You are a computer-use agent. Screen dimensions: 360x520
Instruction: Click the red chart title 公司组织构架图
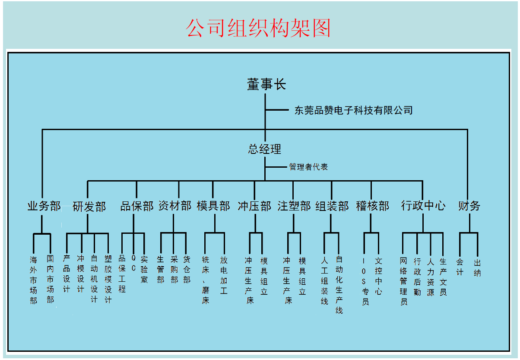point(258,28)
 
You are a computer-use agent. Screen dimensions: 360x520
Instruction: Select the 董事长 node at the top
point(266,84)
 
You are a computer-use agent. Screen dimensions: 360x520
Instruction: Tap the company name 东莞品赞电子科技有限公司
point(353,110)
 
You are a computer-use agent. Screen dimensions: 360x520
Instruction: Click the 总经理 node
point(265,149)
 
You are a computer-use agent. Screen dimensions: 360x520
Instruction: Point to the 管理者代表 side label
point(308,167)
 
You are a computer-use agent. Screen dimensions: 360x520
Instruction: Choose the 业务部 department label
point(44,206)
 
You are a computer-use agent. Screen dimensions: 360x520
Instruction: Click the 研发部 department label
point(89,207)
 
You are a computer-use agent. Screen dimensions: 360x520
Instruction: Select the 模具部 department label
point(213,206)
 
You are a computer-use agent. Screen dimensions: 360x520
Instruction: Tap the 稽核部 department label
point(372,206)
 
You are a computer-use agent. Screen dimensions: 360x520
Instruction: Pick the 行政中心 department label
point(423,206)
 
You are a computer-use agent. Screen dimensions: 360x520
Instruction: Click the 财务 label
point(469,206)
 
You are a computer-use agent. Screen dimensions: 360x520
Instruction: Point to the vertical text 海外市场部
point(34,280)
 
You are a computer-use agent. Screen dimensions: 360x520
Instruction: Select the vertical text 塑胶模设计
point(108,279)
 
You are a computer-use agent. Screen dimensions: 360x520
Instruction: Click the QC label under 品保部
point(133,263)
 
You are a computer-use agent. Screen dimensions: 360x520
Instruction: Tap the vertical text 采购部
point(174,269)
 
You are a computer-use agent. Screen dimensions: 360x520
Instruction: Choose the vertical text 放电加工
point(224,275)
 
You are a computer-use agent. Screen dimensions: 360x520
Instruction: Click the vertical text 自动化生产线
point(339,284)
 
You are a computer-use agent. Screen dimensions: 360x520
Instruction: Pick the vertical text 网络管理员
point(404,281)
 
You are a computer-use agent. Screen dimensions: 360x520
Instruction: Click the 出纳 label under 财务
point(477,268)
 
